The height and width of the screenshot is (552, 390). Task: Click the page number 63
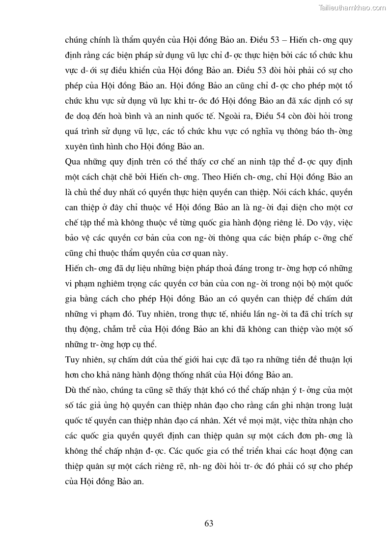point(209,523)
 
